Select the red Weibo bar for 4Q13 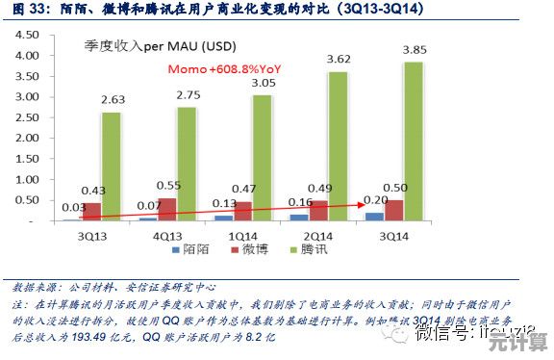click(x=166, y=210)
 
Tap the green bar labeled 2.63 click(x=112, y=167)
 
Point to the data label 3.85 click(x=415, y=50)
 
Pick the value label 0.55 click(x=168, y=186)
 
